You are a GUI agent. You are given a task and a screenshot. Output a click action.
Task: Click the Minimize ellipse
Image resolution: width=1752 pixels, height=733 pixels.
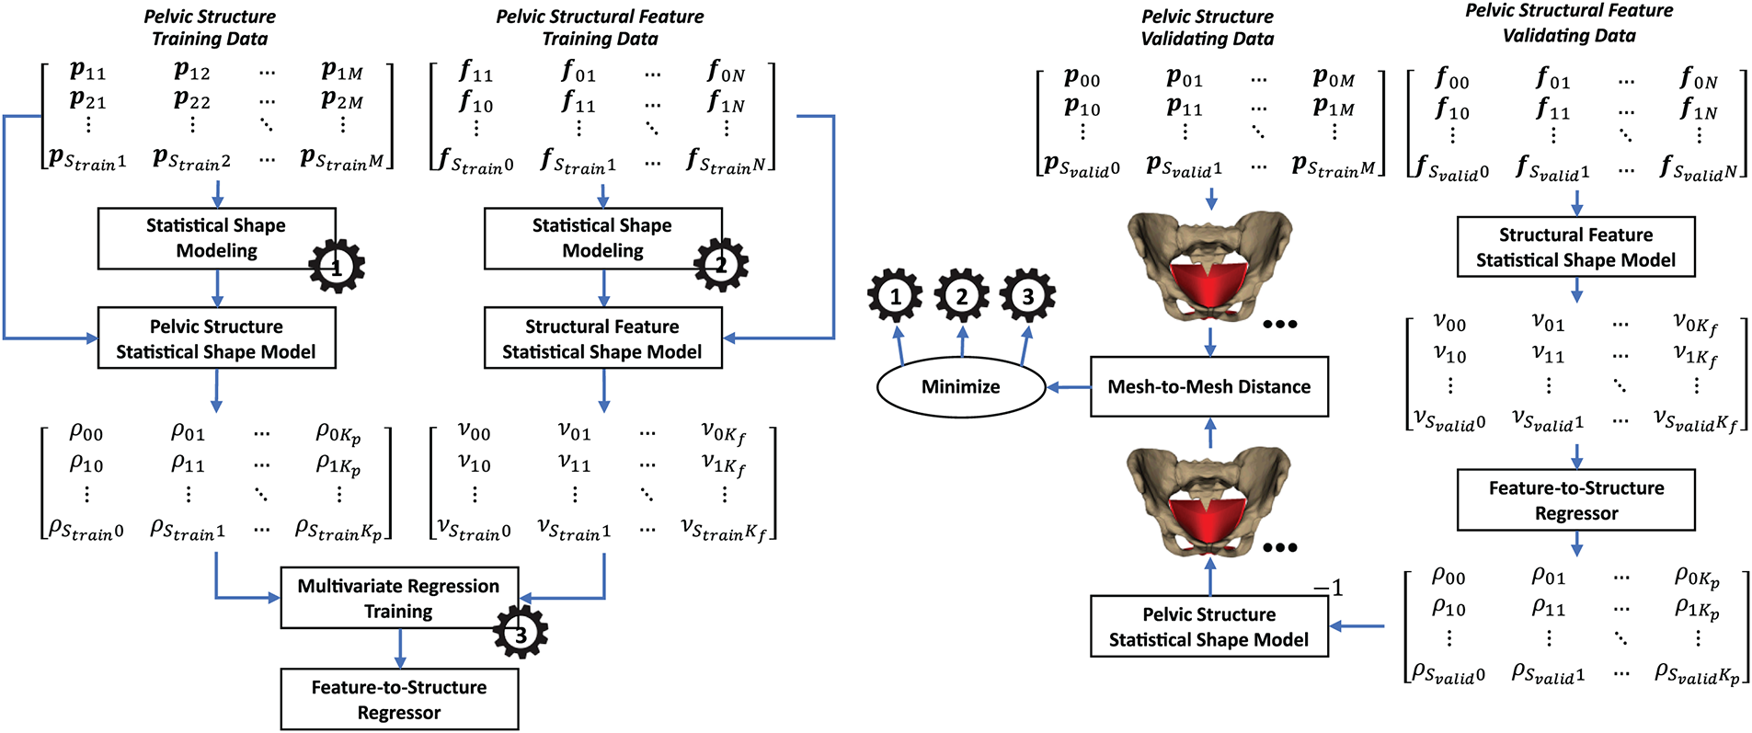960,387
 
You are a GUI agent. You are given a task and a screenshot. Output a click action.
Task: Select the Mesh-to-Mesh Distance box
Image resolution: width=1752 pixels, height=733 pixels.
1208,387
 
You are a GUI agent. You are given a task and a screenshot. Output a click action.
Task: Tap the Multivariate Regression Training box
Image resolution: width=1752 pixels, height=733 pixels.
399,598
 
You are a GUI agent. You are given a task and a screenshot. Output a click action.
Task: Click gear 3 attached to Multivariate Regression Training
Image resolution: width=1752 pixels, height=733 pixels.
521,633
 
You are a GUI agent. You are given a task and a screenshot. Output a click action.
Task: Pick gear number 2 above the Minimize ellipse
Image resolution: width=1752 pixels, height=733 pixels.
961,296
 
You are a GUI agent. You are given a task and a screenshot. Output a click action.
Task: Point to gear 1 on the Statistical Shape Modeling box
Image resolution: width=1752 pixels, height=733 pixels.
337,267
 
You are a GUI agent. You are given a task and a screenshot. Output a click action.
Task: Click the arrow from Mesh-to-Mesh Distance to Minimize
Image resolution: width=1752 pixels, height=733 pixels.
1069,387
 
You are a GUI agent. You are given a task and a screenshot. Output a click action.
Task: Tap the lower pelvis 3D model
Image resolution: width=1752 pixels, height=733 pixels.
1208,501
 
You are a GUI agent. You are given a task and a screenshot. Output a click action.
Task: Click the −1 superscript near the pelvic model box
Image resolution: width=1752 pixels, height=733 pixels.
1328,588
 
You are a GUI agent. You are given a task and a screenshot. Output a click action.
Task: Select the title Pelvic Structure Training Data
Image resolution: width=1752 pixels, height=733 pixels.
210,28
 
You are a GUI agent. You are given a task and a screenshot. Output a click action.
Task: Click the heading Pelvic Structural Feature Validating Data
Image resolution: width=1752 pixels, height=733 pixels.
1569,23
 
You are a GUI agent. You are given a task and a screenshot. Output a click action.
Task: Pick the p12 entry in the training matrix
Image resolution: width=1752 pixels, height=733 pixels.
191,70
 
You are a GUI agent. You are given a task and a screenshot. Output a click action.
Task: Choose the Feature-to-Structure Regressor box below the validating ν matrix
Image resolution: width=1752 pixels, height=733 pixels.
1575,500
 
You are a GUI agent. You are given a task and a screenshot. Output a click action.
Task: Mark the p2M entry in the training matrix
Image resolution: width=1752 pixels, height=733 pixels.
342,99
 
